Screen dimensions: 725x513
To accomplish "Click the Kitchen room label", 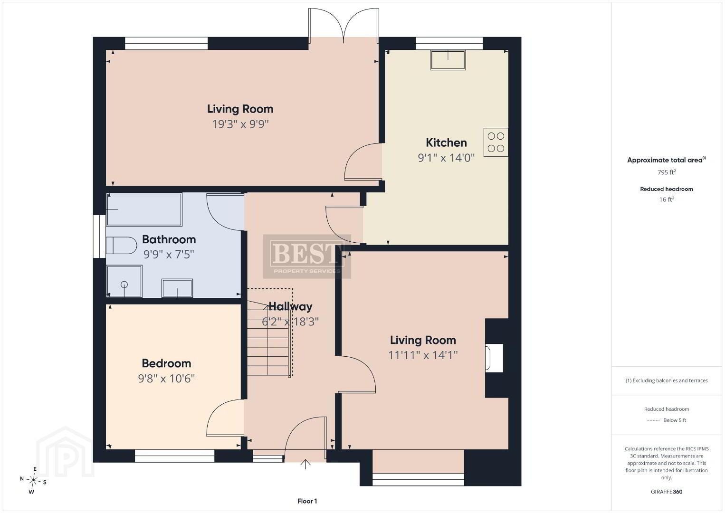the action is pyautogui.click(x=446, y=142).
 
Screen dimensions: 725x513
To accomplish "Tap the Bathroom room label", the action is pyautogui.click(x=169, y=239).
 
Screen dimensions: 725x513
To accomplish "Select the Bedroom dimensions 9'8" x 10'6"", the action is pyautogui.click(x=166, y=379).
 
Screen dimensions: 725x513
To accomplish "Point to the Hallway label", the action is pyautogui.click(x=290, y=306).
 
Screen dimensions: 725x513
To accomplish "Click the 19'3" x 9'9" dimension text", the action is pyautogui.click(x=240, y=124).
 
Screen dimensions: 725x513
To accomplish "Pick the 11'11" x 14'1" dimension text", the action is pyautogui.click(x=423, y=355).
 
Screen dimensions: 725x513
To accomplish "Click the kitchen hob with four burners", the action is pyautogui.click(x=496, y=142).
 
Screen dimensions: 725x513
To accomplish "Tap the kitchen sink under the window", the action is pyautogui.click(x=448, y=60).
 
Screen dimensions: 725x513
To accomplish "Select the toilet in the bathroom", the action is pyautogui.click(x=121, y=245).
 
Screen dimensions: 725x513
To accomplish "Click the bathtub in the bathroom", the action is pyautogui.click(x=144, y=209).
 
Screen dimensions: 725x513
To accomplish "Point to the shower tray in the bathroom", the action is pyautogui.click(x=124, y=281).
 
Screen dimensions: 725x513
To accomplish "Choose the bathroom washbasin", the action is pyautogui.click(x=177, y=288).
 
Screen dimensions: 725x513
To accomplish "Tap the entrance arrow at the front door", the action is pyautogui.click(x=305, y=464).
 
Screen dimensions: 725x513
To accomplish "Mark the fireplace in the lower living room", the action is pyautogui.click(x=494, y=358).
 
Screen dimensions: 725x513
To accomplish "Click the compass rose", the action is pyautogui.click(x=33, y=480).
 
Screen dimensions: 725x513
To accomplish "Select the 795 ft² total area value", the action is pyautogui.click(x=667, y=172).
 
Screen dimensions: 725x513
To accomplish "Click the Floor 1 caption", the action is pyautogui.click(x=307, y=501).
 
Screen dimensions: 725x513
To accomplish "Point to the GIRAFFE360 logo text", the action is pyautogui.click(x=667, y=492).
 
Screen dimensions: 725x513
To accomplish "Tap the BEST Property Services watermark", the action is pyautogui.click(x=307, y=256).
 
